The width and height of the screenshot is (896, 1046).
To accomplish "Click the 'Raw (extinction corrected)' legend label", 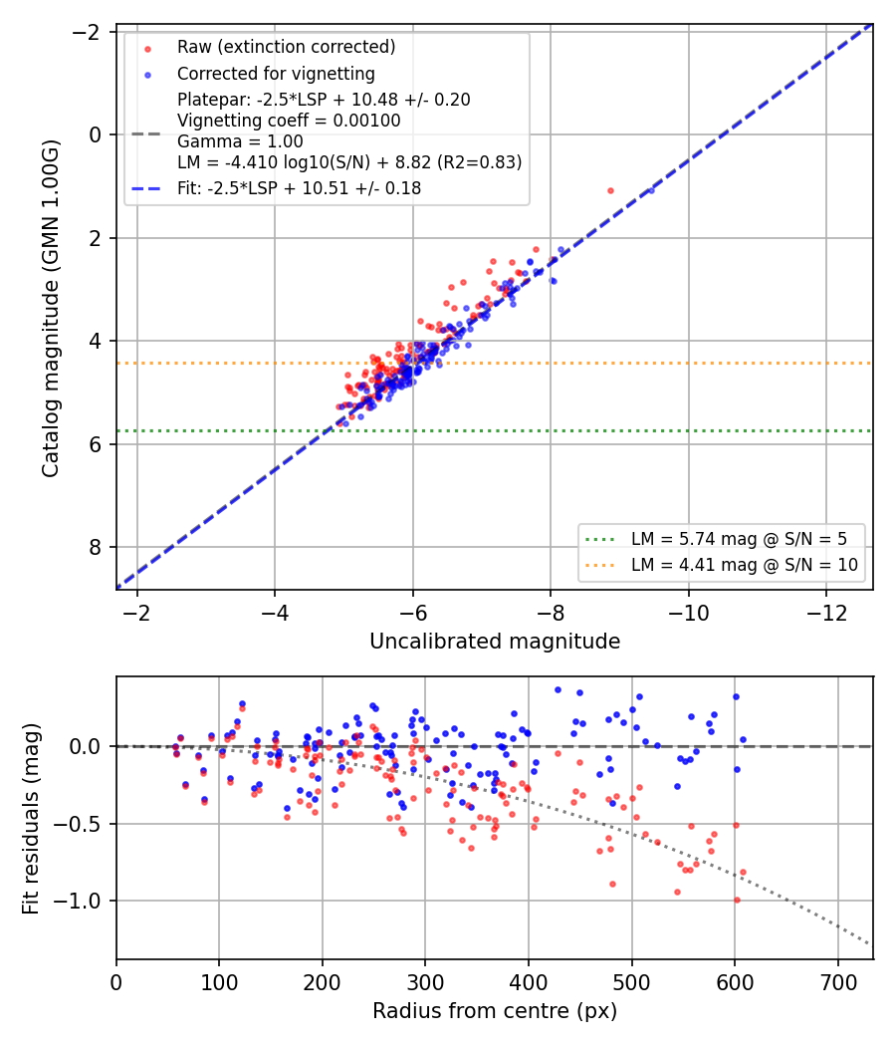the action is [x=286, y=47].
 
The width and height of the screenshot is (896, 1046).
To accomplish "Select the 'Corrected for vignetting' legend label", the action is [x=276, y=74].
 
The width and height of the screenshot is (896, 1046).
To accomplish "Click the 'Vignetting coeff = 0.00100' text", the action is [x=289, y=121].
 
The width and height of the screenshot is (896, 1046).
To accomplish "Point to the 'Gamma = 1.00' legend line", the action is [x=240, y=141].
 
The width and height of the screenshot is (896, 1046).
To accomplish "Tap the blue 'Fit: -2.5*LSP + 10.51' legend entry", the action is [x=300, y=188].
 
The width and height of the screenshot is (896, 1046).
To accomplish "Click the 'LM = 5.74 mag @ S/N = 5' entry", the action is [x=739, y=539].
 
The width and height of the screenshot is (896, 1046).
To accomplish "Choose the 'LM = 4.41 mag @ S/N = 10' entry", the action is [x=745, y=565].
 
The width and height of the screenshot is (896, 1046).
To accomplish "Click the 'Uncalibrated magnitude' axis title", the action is [x=495, y=642].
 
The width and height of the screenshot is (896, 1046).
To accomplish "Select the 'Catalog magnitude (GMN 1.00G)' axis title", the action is [x=51, y=308].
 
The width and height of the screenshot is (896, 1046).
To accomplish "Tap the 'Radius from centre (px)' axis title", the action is [x=495, y=1011].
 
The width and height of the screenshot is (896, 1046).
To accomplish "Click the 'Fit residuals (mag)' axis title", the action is [x=31, y=819].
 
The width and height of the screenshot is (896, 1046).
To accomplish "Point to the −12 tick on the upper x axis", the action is [x=826, y=613].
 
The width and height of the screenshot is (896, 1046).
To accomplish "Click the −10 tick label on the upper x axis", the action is [x=689, y=613].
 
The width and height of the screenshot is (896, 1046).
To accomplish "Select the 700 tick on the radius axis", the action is [x=838, y=982].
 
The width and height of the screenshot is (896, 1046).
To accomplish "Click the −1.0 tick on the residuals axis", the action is [x=80, y=901].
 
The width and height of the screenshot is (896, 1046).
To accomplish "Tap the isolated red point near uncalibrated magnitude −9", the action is [x=610, y=191].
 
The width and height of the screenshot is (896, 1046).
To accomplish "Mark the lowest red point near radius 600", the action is [x=737, y=900].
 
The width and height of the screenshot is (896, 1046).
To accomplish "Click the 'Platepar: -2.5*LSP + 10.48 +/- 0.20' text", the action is [x=324, y=100].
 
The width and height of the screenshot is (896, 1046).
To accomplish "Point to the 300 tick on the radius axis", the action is [x=425, y=982].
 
